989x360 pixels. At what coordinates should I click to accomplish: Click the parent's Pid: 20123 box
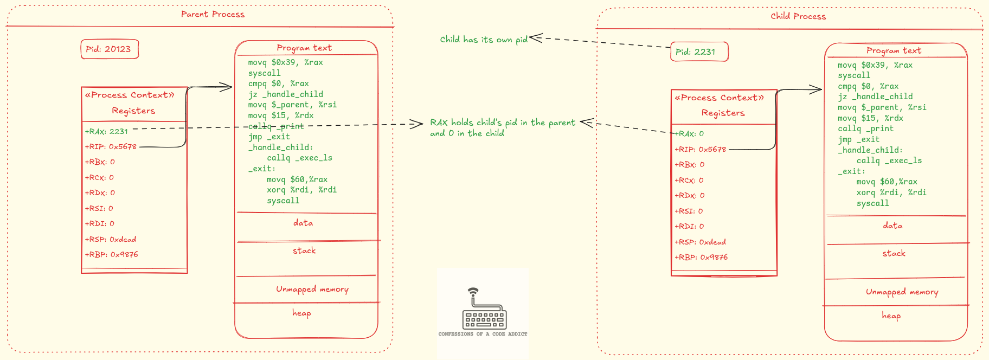(x=109, y=49)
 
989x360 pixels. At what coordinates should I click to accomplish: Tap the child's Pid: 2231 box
(x=698, y=52)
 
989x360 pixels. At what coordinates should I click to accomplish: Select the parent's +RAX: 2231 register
(x=107, y=131)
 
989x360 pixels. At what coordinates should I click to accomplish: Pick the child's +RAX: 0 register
(x=690, y=134)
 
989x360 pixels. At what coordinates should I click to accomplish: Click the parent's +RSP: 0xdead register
(x=111, y=239)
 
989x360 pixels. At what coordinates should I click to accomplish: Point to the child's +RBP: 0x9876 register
(x=701, y=258)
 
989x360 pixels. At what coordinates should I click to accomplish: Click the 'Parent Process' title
(x=213, y=15)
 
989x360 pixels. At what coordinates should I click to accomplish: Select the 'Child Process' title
(x=798, y=17)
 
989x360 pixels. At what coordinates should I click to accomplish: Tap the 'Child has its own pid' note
(x=484, y=40)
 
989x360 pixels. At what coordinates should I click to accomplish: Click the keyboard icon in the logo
(x=484, y=318)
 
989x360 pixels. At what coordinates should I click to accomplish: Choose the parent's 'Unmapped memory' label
(x=312, y=290)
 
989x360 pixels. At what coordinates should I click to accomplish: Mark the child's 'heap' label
(x=891, y=316)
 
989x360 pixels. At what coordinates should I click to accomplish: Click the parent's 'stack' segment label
(x=304, y=251)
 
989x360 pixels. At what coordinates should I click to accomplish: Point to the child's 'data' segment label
(x=892, y=226)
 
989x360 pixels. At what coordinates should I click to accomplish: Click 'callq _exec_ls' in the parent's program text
(x=299, y=158)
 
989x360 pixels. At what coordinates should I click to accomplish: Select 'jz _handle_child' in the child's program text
(x=875, y=97)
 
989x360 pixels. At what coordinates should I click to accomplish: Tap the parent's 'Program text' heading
(x=304, y=48)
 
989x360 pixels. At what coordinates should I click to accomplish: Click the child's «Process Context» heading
(x=719, y=98)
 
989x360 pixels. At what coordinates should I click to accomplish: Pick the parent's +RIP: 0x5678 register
(x=111, y=147)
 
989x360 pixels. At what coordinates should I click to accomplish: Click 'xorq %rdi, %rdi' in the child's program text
(x=891, y=193)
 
